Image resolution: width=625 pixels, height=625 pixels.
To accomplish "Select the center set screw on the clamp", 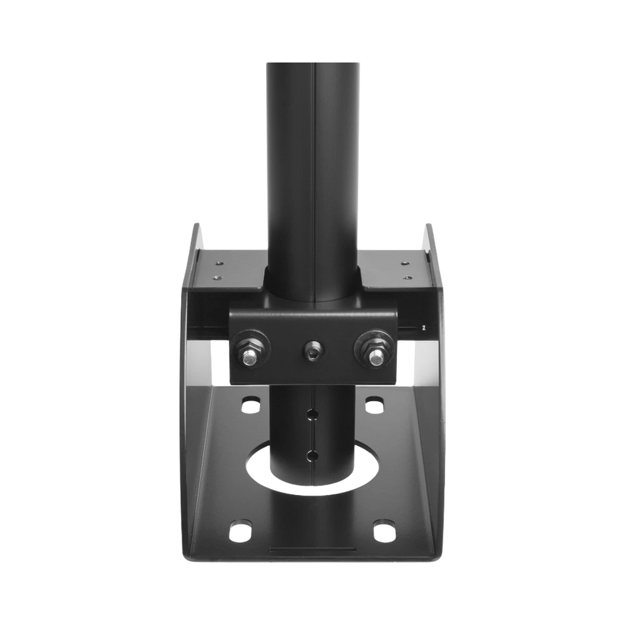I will coord(312,352).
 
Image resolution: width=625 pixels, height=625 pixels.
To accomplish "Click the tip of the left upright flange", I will coord(197,225).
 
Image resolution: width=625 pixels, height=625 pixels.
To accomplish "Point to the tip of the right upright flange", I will coord(428,225).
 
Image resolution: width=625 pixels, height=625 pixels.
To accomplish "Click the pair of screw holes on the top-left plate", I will coord(216,268).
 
